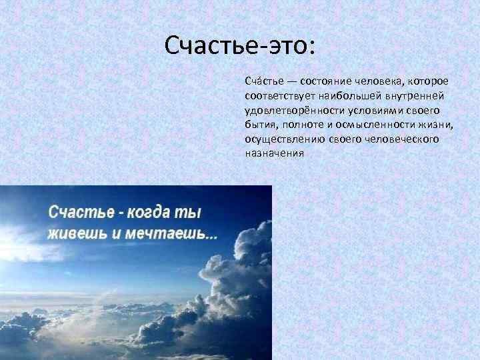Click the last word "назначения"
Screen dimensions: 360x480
274,153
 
